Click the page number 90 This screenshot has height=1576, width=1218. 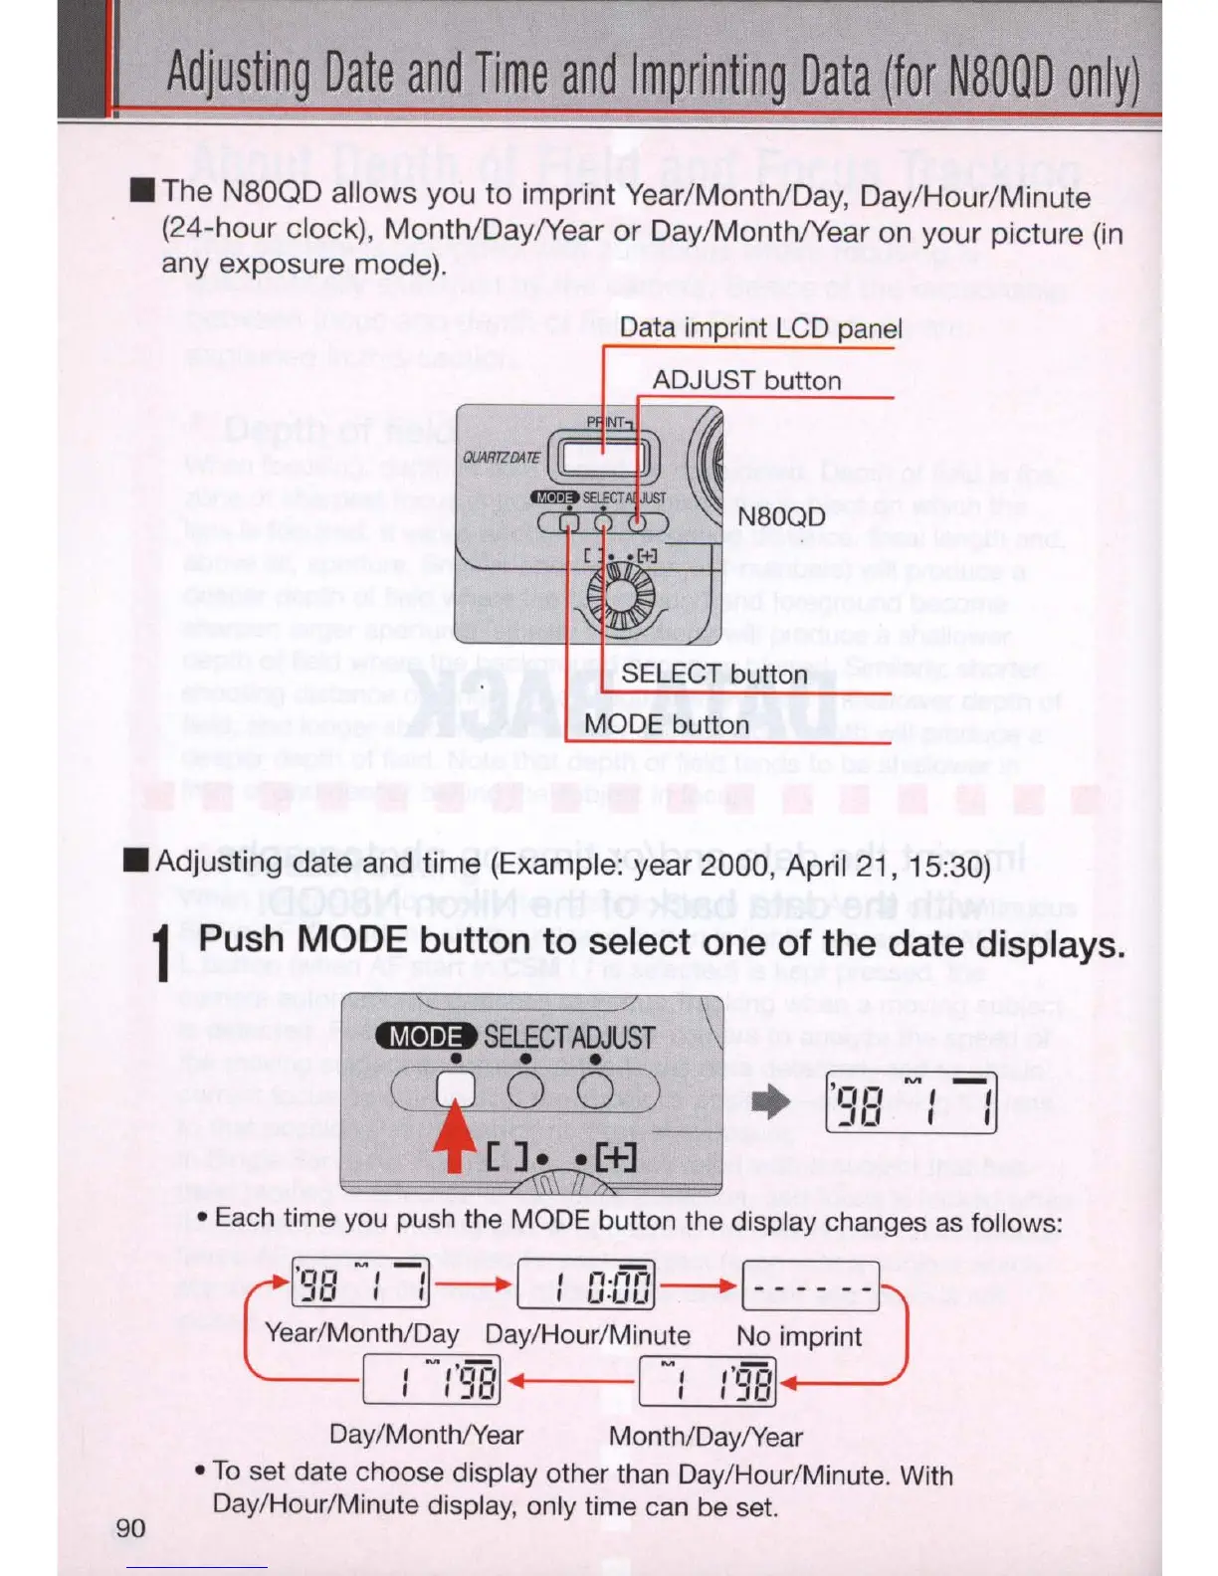(130, 1528)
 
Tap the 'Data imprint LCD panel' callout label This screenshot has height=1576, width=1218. (760, 328)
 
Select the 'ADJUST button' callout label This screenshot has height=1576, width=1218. (746, 380)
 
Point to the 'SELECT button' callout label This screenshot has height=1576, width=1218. (713, 675)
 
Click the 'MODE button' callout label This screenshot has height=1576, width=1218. (666, 724)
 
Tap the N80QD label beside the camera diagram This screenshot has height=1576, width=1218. (781, 516)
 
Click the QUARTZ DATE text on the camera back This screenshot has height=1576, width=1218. (502, 458)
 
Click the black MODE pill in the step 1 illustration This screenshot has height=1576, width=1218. (426, 1036)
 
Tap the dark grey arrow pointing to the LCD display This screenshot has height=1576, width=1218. (770, 1101)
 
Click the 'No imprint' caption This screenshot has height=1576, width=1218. (798, 1336)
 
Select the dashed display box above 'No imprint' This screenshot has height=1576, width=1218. (810, 1285)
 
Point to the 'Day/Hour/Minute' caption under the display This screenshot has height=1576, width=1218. (587, 1335)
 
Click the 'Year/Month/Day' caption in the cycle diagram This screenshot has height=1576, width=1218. (361, 1333)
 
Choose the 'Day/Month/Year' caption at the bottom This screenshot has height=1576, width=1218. (426, 1435)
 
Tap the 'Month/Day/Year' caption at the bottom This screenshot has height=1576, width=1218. (706, 1437)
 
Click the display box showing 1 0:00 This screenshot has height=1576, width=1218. (585, 1285)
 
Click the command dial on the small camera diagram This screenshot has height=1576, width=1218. (620, 596)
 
